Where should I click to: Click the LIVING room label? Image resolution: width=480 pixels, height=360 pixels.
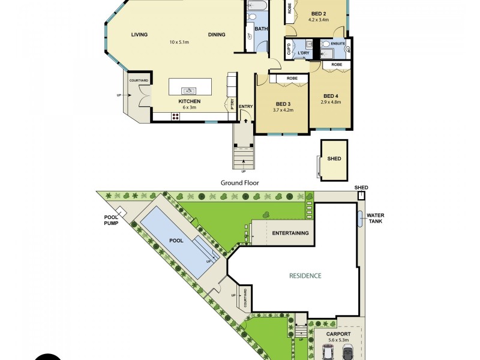tap(139, 34)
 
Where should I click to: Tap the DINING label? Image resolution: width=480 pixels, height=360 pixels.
tap(217, 34)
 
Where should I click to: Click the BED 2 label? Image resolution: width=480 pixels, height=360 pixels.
tap(319, 13)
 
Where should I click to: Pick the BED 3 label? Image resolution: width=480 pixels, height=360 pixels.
tap(283, 103)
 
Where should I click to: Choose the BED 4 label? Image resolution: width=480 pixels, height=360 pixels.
tap(331, 96)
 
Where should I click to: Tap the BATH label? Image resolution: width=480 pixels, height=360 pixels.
tap(261, 29)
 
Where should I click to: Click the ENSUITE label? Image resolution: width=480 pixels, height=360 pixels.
tap(338, 44)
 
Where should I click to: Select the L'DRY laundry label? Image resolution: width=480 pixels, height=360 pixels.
tap(303, 53)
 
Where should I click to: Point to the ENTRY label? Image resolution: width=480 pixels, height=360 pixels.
tap(246, 107)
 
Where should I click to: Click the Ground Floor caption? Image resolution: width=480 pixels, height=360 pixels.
tap(239, 182)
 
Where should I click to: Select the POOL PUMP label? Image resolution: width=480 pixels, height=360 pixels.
tap(111, 220)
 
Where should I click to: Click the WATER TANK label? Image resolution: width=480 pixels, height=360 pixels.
tap(376, 218)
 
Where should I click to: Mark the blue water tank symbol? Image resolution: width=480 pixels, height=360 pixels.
tap(359, 219)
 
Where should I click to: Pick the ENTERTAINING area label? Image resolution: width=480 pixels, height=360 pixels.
tap(290, 233)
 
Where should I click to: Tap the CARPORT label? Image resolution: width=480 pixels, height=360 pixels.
tap(338, 334)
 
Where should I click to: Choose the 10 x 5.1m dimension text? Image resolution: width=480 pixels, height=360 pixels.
tap(179, 42)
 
